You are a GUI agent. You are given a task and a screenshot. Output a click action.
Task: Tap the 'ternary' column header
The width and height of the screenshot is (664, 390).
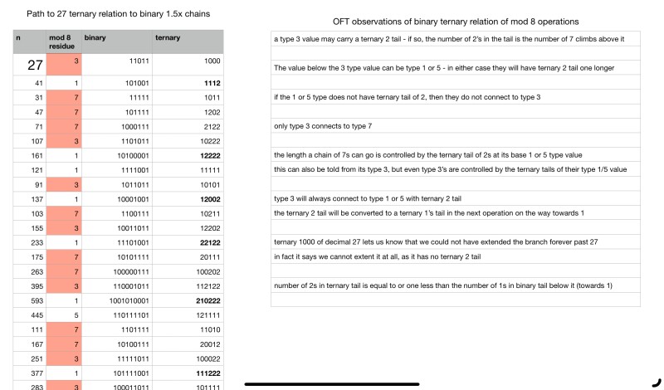click(x=168, y=37)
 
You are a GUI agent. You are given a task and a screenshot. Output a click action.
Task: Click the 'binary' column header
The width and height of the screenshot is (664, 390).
click(x=95, y=37)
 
